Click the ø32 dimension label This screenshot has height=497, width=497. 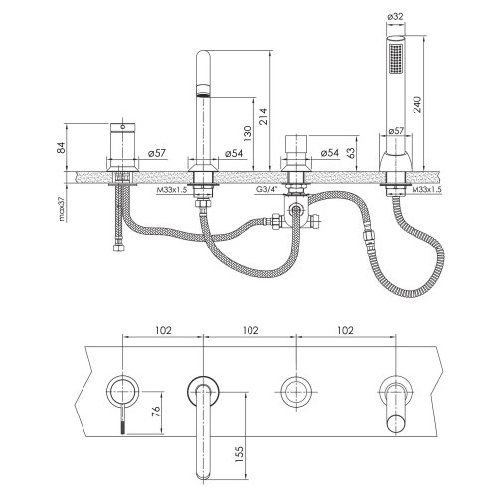click(x=396, y=18)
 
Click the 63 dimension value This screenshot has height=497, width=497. click(x=351, y=152)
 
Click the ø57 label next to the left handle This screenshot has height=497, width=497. click(x=155, y=154)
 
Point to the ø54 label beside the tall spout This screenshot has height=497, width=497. click(x=232, y=154)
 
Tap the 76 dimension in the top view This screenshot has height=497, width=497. click(x=154, y=412)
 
